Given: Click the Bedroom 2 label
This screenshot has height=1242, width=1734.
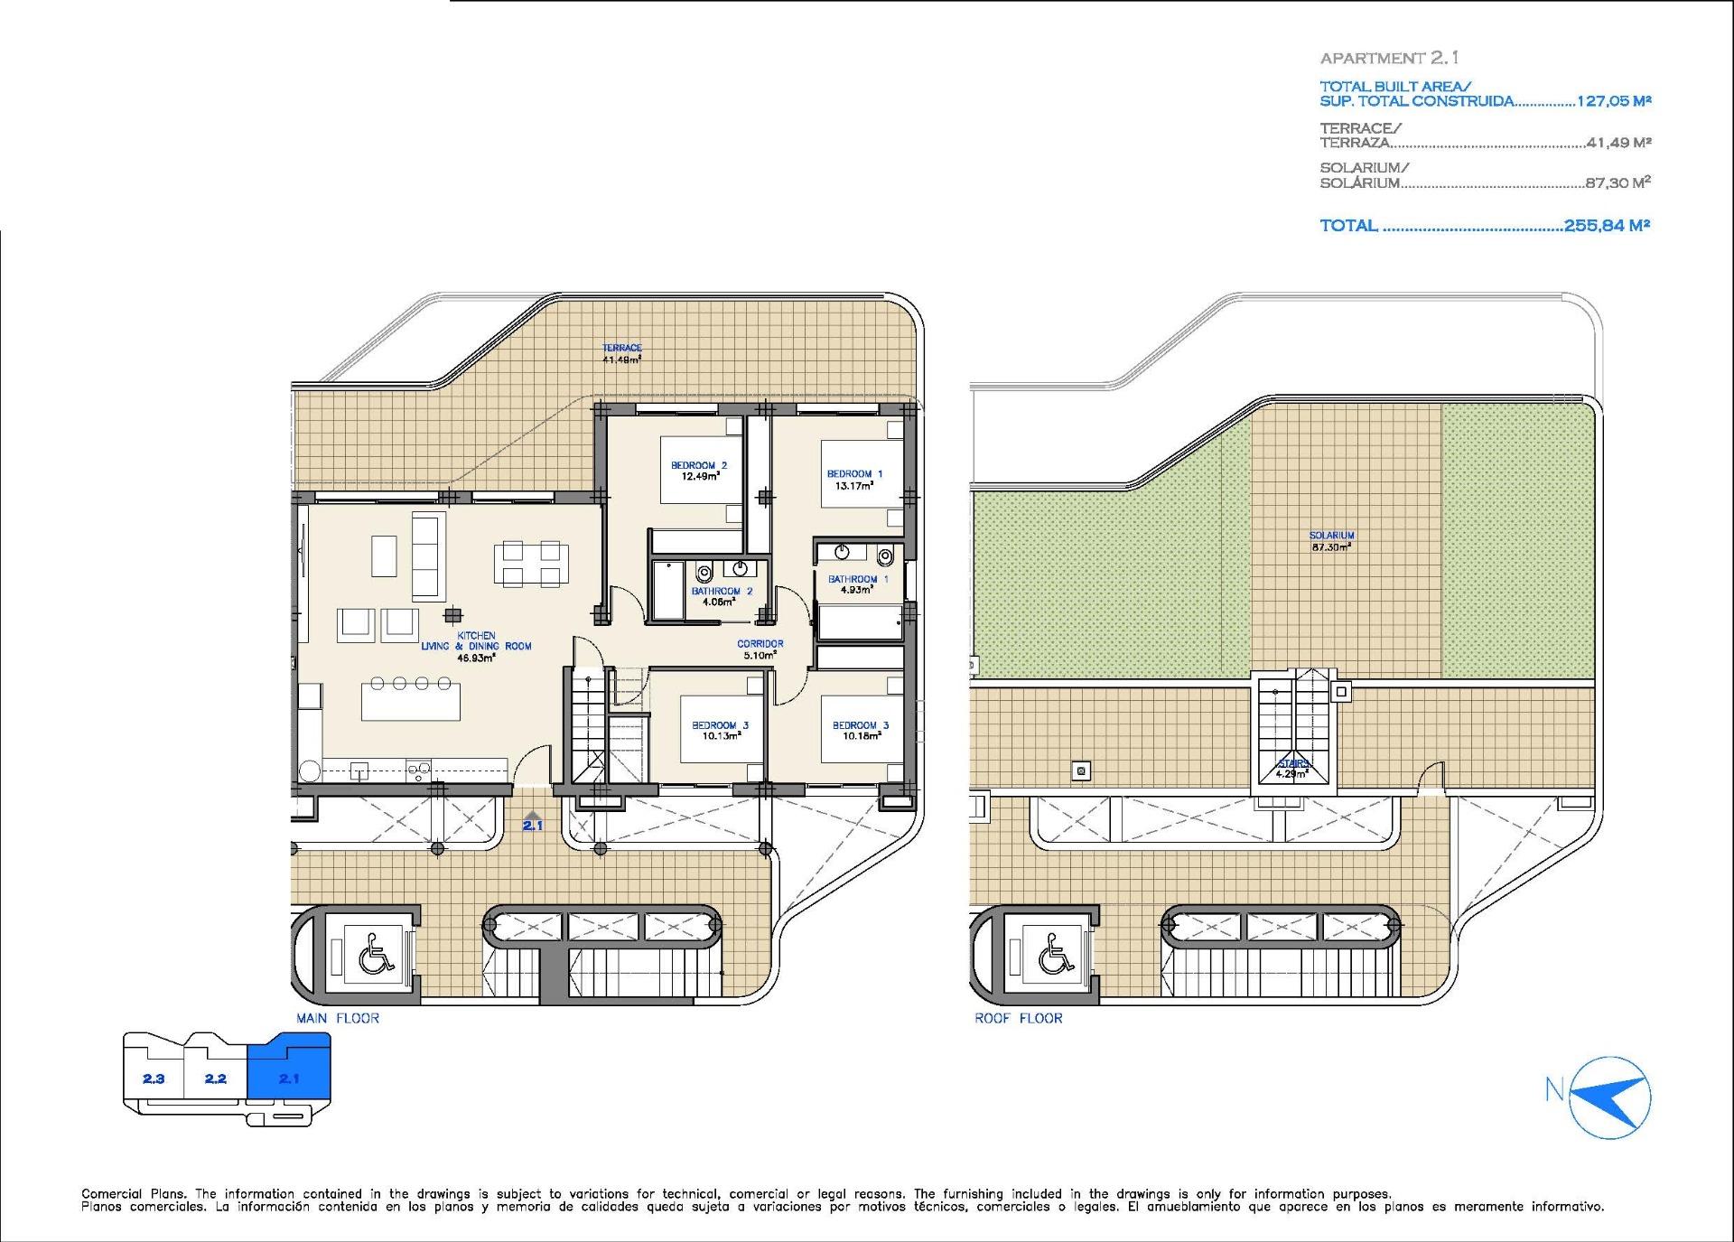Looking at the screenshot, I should [698, 466].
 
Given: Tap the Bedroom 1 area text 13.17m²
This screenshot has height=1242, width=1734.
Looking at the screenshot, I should [853, 486].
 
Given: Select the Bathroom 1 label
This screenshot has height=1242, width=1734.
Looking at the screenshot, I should [858, 579].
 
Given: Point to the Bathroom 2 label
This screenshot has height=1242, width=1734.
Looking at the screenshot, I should [722, 592].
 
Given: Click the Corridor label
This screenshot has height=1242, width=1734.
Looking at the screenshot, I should [760, 644].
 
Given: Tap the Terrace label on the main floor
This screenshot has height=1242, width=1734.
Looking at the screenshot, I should [622, 348].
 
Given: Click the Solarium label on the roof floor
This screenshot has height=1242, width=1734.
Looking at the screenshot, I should [1331, 536].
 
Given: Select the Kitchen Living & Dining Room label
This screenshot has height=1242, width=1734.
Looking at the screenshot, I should [476, 646].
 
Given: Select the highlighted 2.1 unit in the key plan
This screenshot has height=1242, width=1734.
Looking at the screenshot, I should [289, 1078].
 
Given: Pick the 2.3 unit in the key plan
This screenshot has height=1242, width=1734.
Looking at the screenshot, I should [154, 1079].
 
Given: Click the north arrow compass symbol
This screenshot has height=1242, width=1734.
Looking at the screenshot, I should [1610, 1096].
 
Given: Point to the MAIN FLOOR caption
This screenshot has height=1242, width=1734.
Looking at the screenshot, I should [338, 1018].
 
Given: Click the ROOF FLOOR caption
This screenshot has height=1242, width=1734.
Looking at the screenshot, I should [1018, 1018].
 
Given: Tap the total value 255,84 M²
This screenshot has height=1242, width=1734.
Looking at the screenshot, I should [1607, 226].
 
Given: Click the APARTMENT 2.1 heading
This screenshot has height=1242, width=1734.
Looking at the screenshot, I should [1389, 58].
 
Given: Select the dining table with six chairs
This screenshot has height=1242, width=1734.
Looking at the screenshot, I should [531, 565].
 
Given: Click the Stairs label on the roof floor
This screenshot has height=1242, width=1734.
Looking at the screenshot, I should [1293, 764].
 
